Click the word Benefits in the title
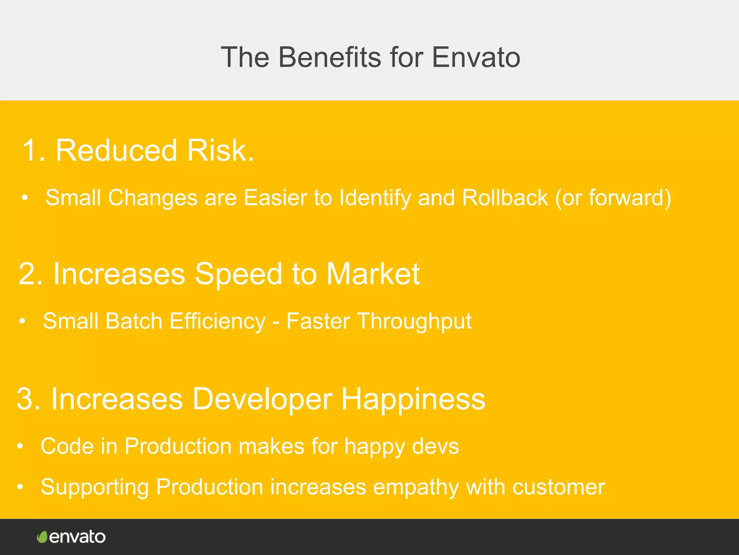coord(329,57)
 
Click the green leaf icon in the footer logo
coord(42,537)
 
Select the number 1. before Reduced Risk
coord(33,150)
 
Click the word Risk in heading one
coord(220,150)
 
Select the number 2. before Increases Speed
coord(31,274)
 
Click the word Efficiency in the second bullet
coord(217,321)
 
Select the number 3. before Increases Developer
coord(29,399)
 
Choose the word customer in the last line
coord(558,487)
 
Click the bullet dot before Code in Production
coord(20,447)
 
